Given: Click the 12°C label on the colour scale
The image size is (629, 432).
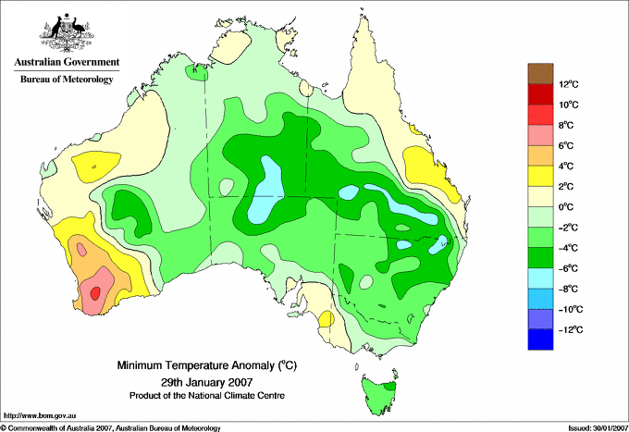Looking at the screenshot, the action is point(569,84).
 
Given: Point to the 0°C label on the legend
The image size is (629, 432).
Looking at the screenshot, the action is point(566,207).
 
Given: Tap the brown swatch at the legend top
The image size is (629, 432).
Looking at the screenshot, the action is point(540,73).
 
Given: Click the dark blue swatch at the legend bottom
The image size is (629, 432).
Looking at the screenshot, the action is point(540,339).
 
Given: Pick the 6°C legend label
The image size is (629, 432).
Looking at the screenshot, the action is point(566,145).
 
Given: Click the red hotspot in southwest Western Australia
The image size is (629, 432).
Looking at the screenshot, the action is point(95,293).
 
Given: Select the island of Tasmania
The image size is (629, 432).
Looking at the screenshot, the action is point(379,395).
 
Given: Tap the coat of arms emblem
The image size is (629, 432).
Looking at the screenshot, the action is point(67,32).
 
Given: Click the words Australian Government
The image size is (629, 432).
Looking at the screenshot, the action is point(67,62).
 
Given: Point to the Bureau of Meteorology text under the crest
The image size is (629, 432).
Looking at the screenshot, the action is point(67,79).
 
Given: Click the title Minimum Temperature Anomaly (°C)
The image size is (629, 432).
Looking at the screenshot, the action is point(206,365).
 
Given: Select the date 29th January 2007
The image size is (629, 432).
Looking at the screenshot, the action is point(206,381).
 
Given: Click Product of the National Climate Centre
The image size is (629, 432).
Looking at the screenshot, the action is point(207,396).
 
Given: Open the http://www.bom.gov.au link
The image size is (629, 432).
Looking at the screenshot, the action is point(39,415).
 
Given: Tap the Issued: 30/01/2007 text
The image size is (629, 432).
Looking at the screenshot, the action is point(598,428).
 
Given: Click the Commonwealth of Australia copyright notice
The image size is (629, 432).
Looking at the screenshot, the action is point(111,428).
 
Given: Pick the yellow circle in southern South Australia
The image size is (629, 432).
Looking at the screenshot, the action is point(327,319).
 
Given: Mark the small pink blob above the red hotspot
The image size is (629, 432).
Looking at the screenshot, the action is point(81,250).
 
